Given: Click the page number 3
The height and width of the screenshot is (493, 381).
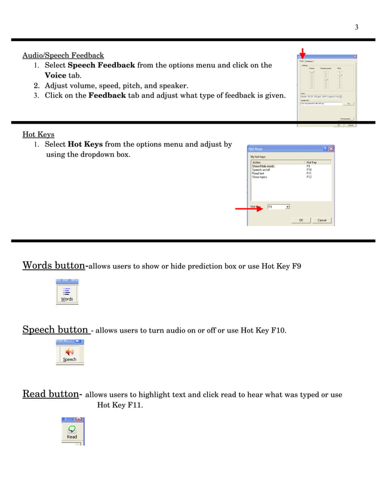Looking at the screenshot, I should pos(356,27).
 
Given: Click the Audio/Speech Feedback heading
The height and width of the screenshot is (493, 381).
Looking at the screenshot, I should pos(63,56).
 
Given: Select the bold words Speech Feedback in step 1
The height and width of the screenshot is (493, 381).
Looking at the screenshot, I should pos(102,65).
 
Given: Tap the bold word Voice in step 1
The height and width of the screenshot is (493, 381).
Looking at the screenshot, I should pos(56,75).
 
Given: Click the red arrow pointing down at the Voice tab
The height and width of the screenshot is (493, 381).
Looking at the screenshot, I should pos(303,53).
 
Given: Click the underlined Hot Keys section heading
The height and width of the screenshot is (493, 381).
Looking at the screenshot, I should pos(38,134).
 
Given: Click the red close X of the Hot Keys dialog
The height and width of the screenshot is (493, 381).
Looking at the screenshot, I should pos(331,149).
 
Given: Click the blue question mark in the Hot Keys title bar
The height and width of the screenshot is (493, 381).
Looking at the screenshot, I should pos(325,149).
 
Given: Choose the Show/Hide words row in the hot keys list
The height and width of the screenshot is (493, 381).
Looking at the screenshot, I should pos(263,166).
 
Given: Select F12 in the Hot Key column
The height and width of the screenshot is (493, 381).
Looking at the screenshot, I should pos(309,177).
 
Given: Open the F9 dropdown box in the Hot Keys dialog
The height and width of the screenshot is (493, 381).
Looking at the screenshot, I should pos(288,207).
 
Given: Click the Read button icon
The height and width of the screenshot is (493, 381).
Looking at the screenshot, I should pos(72,431).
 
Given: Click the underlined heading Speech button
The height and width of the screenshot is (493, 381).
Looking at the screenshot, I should pos(56,329).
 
